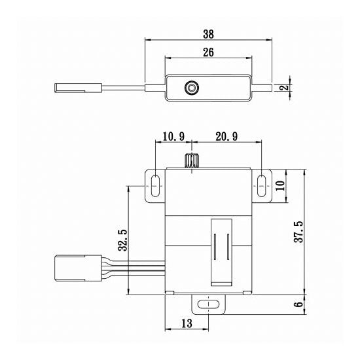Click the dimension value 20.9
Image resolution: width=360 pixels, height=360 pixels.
coord(225,136)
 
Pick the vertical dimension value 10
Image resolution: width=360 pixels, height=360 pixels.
coord(280,185)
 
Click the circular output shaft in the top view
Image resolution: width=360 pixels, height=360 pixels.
coord(192,87)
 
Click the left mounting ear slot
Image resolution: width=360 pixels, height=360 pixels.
coord(155,185)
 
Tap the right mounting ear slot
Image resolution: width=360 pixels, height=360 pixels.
coord(261,185)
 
